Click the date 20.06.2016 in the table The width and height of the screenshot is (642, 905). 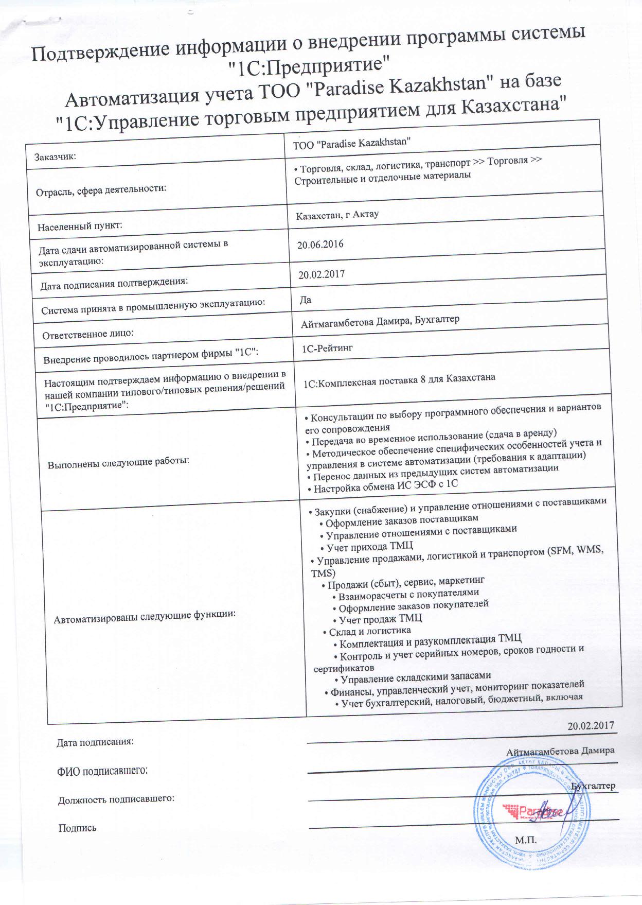[320, 244]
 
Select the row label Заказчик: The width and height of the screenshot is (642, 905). [55, 156]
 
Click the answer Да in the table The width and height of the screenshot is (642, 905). [306, 300]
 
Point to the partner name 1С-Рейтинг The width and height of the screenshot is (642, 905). [327, 349]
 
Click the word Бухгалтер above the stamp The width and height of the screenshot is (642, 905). [593, 786]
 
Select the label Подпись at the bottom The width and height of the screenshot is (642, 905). [77, 828]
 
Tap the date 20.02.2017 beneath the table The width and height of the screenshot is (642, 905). [591, 725]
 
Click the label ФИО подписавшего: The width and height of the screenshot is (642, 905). [102, 771]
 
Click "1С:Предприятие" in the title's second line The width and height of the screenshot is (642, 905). [307, 65]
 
